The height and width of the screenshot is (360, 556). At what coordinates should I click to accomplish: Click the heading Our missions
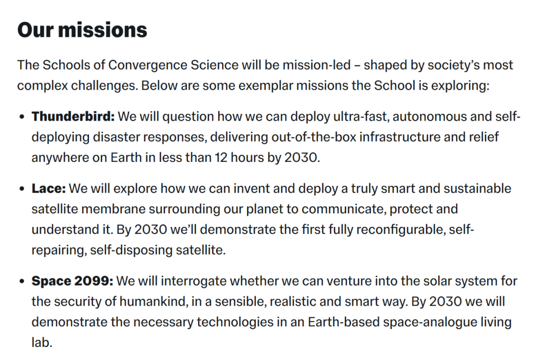point(83,30)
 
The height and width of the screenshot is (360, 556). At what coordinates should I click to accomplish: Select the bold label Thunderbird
point(73,116)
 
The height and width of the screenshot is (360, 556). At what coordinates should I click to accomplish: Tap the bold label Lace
point(48,188)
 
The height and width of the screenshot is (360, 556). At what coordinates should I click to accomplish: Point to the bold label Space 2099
point(72,281)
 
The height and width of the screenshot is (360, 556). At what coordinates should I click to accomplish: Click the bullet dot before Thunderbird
point(22,117)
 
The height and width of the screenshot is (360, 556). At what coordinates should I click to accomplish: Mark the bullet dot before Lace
point(22,189)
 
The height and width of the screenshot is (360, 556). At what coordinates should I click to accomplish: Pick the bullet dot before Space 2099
point(22,281)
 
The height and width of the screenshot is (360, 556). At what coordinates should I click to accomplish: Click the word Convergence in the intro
point(148,65)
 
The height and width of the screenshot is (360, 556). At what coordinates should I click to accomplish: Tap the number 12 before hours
point(220,157)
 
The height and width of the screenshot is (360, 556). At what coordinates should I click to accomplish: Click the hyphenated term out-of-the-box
point(314,137)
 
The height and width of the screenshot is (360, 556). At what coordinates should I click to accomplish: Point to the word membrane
point(113,209)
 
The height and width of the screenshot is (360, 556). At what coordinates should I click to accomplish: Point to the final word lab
point(42,343)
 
